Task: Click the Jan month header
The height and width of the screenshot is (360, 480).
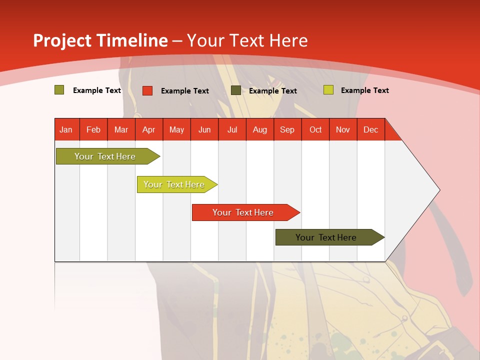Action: click(x=66, y=129)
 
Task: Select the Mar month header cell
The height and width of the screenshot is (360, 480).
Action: click(x=121, y=129)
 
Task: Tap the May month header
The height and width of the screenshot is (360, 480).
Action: click(x=176, y=129)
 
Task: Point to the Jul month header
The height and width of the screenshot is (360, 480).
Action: click(x=232, y=129)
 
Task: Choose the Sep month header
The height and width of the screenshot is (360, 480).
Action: click(x=287, y=129)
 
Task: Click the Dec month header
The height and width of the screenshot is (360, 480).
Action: click(x=370, y=129)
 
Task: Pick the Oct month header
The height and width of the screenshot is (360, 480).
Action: click(x=315, y=129)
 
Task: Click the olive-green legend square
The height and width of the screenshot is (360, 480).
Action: click(x=59, y=90)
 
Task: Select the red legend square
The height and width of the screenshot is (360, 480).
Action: click(x=147, y=90)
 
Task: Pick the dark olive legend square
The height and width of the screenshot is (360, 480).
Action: click(x=236, y=90)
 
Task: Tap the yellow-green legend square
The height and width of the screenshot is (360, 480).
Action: click(x=328, y=90)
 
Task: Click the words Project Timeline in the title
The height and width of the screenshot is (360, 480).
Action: click(x=100, y=40)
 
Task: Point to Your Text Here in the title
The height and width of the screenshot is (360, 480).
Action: click(x=247, y=40)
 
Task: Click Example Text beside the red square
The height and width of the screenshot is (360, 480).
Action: click(x=184, y=91)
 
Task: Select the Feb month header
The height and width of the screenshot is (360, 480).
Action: click(x=93, y=129)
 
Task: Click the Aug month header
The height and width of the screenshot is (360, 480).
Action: click(x=259, y=129)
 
